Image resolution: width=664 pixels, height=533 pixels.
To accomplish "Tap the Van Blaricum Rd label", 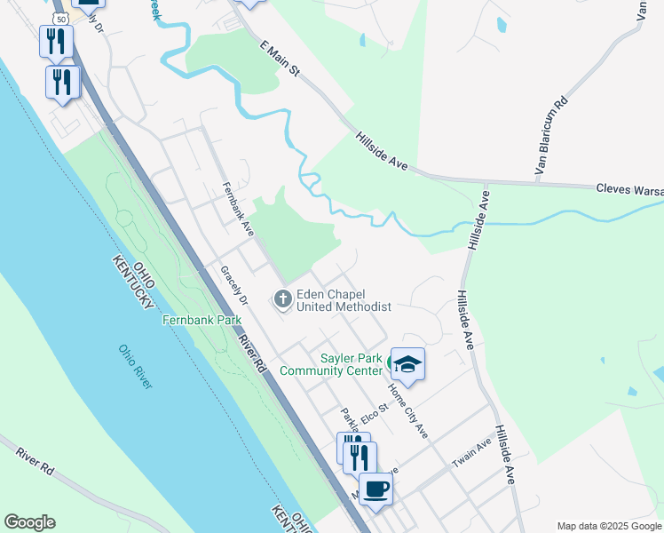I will point(549,135).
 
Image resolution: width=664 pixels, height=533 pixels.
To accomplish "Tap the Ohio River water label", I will point(135,366).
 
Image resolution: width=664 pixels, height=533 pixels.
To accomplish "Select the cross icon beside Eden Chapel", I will point(283,298).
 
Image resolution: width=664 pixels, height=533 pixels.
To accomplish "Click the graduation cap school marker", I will point(407,362).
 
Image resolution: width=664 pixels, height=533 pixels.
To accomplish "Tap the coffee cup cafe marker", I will point(375,488).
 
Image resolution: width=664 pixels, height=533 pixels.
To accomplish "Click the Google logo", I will point(29,522).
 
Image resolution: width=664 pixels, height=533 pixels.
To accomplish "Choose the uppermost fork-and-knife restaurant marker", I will point(56,40).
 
